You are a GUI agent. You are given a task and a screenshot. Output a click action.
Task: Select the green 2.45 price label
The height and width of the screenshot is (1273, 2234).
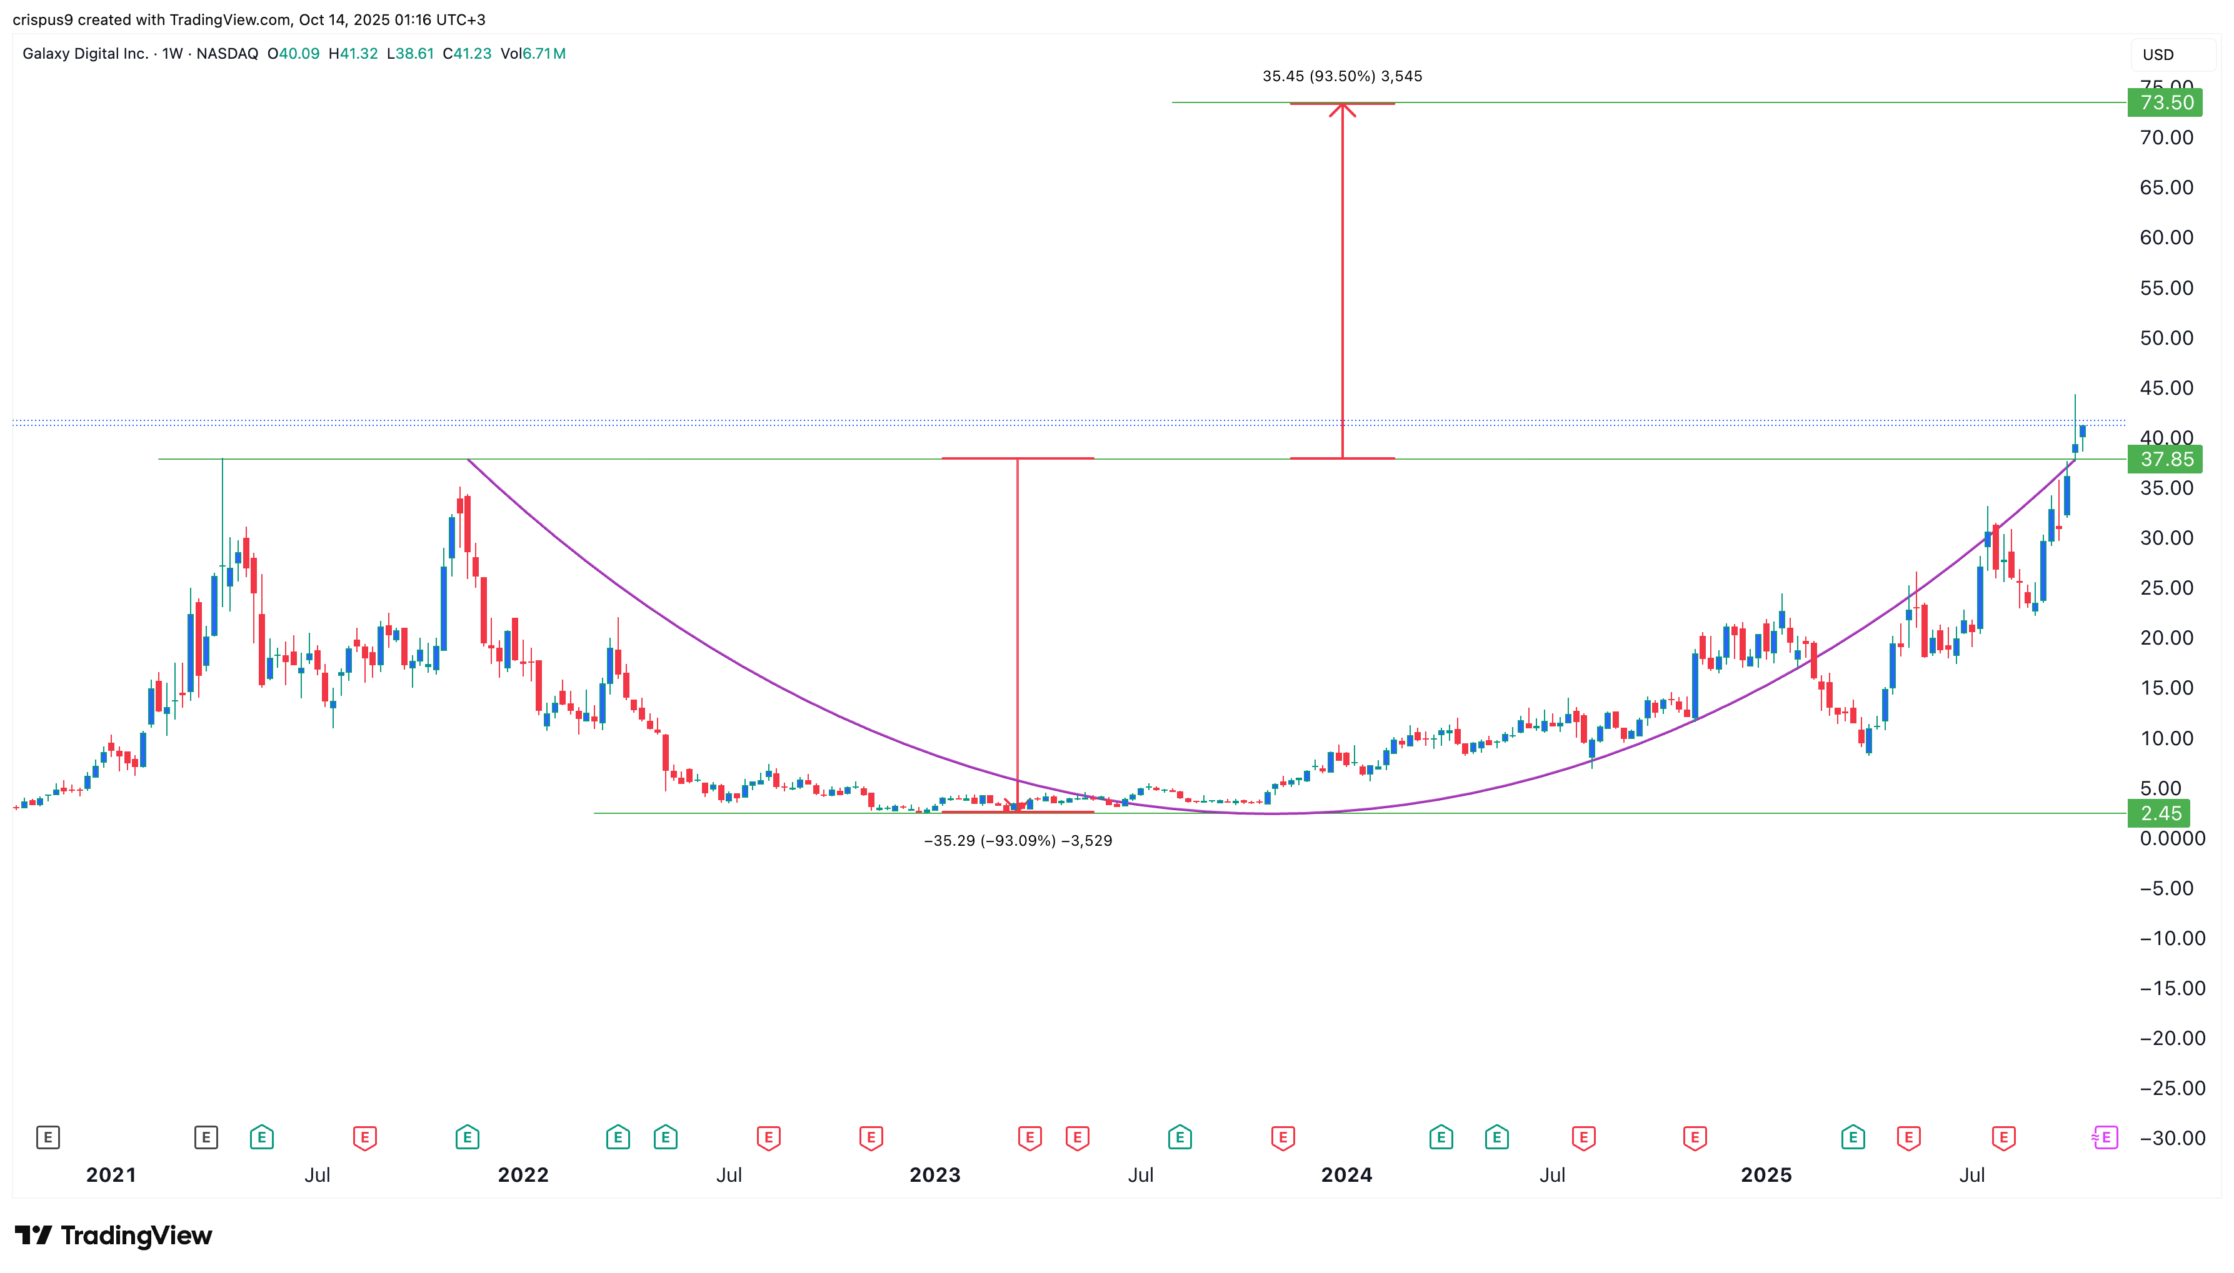point(2160,813)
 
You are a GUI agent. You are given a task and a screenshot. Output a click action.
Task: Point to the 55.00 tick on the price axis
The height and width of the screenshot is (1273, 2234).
point(2166,288)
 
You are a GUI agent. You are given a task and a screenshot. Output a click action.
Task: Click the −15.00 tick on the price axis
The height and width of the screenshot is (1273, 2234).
point(2166,988)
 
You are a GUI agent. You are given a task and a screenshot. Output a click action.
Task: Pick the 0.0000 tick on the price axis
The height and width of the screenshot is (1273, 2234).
point(2172,838)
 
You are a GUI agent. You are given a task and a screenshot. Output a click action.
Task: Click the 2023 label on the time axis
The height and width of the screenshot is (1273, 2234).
point(934,1174)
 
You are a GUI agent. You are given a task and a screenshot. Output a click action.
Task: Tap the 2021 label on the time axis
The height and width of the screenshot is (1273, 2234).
point(111,1174)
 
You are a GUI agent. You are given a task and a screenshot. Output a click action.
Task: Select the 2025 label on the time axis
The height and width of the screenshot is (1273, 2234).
point(1765,1174)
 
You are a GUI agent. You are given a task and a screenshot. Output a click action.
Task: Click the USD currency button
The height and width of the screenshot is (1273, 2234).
point(2157,54)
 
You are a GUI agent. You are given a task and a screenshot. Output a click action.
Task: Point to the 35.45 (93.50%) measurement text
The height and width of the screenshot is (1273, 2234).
point(1342,76)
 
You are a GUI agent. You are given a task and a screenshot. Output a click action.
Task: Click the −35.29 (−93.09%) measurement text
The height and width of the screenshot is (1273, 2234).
point(1017,840)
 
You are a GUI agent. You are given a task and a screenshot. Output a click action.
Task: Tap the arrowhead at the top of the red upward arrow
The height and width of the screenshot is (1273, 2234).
point(1342,107)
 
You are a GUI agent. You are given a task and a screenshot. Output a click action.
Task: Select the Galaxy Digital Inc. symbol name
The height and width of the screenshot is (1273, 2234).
point(85,53)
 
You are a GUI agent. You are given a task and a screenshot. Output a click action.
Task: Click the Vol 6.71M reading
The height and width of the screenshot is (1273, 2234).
point(533,53)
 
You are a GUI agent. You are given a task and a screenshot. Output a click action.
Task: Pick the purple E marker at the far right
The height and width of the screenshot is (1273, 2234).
point(2105,1137)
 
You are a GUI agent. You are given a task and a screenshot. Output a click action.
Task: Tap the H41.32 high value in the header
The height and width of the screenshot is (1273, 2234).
point(353,53)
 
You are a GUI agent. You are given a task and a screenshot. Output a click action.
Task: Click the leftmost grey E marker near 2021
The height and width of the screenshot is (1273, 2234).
point(48,1137)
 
